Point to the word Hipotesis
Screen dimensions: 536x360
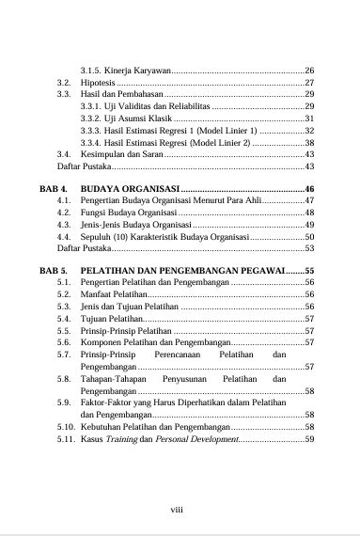98,84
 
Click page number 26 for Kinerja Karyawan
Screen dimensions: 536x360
309,71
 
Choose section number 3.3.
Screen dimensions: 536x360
64,95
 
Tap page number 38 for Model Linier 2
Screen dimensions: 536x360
309,142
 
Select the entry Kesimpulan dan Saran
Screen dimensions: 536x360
122,154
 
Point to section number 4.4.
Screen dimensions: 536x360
64,237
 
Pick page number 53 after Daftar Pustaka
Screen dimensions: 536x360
309,248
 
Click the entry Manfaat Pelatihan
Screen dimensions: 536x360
112,294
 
